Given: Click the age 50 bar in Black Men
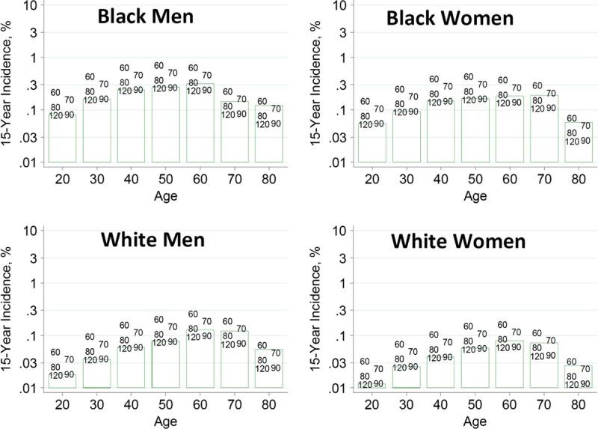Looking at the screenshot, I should [165, 124].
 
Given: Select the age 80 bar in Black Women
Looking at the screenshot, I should [577, 142].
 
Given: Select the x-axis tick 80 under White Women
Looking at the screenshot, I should [577, 401].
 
